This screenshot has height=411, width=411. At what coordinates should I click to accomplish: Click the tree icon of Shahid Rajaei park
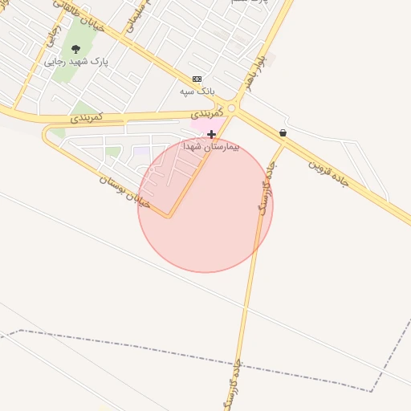click(76, 49)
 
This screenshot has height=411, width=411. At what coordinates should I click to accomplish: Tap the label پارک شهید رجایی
click(76, 61)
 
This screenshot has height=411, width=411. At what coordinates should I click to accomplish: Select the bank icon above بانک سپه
click(197, 79)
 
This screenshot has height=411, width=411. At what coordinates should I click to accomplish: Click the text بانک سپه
click(198, 91)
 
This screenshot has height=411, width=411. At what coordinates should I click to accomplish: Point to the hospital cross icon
click(211, 134)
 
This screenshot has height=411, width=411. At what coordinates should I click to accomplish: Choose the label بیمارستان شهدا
click(211, 147)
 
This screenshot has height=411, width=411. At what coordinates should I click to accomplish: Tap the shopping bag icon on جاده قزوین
click(283, 132)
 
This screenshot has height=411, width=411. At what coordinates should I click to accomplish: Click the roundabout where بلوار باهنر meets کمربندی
click(232, 108)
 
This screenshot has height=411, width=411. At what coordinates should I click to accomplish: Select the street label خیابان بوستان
click(124, 191)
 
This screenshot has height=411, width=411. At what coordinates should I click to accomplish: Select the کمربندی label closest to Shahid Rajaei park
click(86, 117)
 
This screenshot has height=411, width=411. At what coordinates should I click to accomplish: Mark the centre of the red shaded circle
click(205, 205)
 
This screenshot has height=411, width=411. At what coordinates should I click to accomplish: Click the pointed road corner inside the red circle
click(169, 217)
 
